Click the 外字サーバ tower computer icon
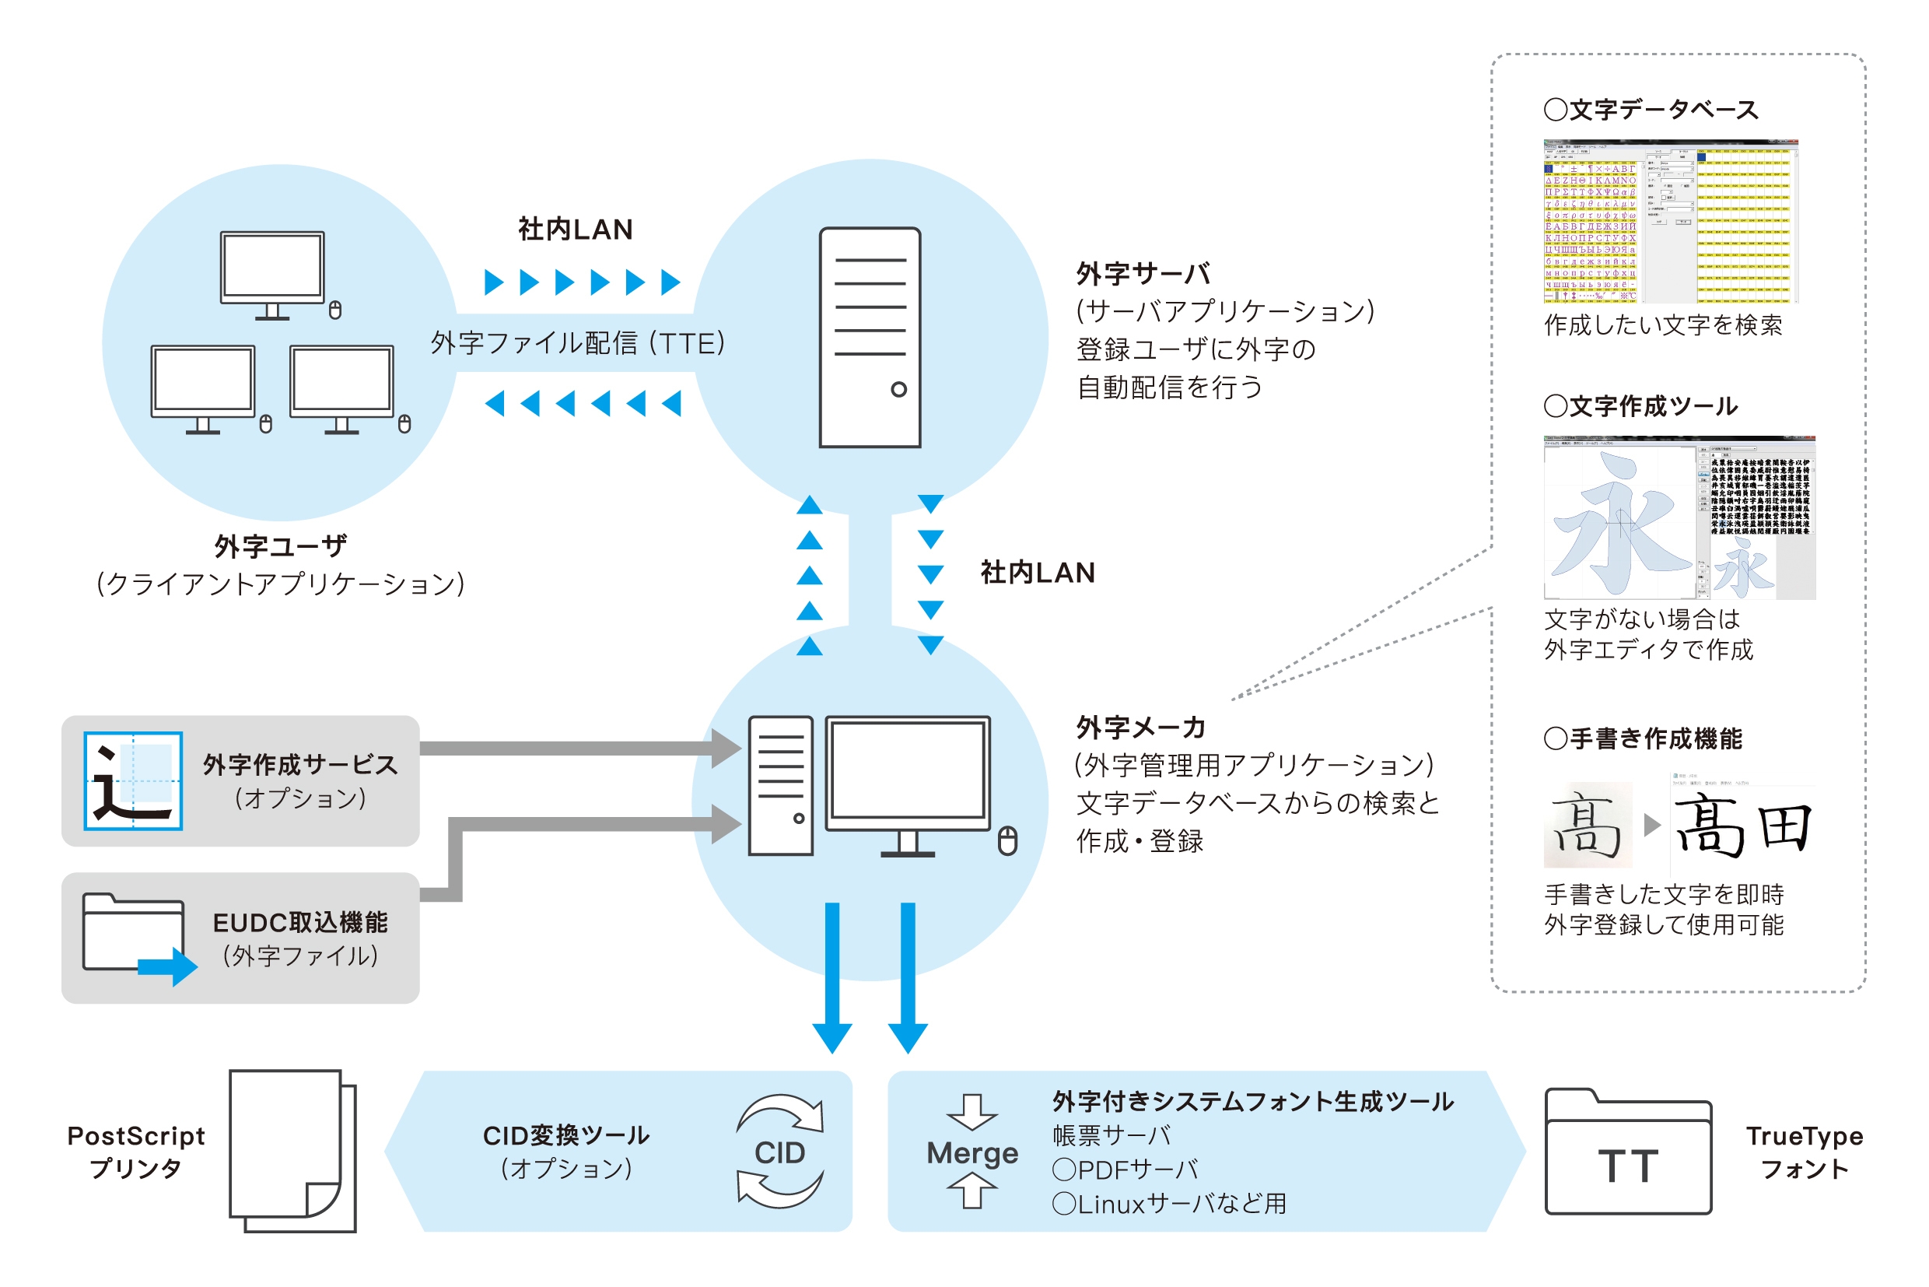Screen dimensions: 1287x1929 coord(870,338)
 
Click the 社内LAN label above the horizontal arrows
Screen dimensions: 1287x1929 coord(575,230)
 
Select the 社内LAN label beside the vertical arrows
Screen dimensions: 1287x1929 coord(1037,573)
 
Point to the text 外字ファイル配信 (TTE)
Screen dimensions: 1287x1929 coord(578,343)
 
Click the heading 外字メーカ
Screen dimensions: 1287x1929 coord(1140,728)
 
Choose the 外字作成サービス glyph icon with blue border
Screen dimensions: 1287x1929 coord(133,780)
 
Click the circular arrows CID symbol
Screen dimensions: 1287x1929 coord(779,1152)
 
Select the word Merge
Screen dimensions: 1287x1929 coord(972,1153)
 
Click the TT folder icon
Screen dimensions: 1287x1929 coord(1628,1153)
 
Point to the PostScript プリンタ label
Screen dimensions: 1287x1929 coord(135,1152)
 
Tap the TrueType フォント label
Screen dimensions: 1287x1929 coord(1805,1152)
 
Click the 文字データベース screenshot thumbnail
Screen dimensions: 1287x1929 coord(1671,222)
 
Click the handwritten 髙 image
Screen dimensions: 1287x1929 coord(1588,825)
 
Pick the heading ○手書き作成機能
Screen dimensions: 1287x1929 coord(1643,738)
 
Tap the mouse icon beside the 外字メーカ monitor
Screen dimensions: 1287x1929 coord(1007,841)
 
